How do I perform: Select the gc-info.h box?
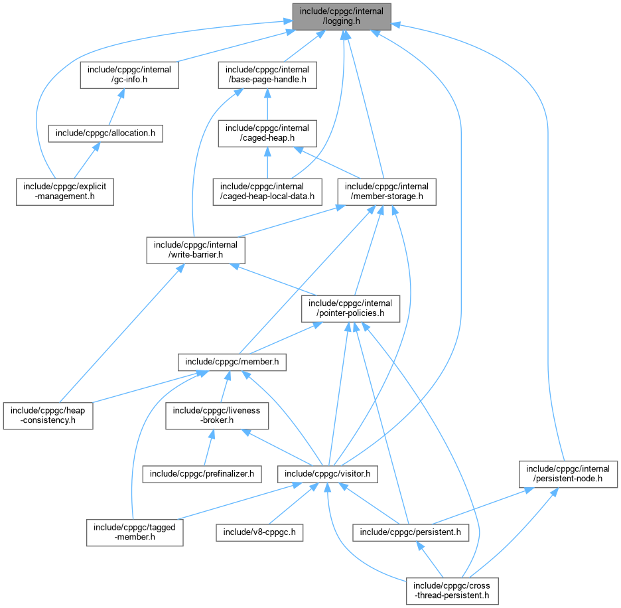pyautogui.click(x=129, y=75)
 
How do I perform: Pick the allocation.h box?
pyautogui.click(x=105, y=133)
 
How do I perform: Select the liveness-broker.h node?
pyautogui.click(x=217, y=415)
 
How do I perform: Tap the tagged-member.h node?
pyautogui.click(x=135, y=532)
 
